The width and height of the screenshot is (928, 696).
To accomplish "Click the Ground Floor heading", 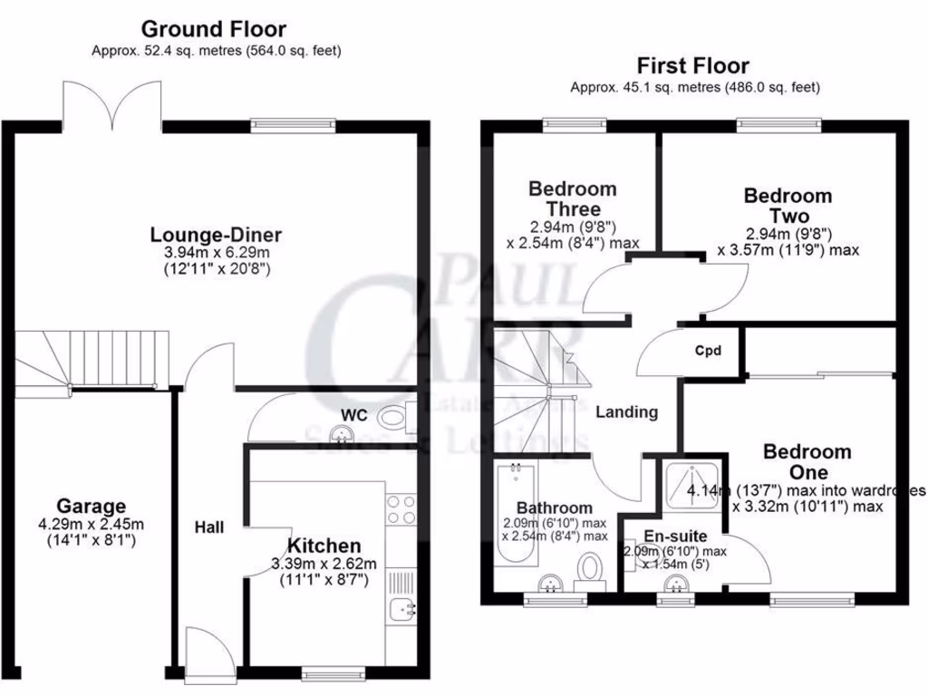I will [x=214, y=29].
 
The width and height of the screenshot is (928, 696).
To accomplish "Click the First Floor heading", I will [x=693, y=65].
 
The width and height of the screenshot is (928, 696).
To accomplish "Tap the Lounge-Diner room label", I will [x=216, y=236].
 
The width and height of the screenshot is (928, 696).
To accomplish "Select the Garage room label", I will [x=91, y=506].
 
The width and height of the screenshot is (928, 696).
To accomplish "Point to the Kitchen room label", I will [x=324, y=546].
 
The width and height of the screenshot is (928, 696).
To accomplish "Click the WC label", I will [x=353, y=415].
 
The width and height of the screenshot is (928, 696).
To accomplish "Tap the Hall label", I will [x=209, y=527].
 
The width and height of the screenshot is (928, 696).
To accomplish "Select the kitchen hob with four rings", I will [x=401, y=510].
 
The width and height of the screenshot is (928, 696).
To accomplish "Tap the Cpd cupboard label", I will [x=708, y=351].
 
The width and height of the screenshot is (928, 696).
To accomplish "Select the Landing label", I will [x=626, y=411].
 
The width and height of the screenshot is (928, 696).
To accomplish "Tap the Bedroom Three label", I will [x=572, y=198].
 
